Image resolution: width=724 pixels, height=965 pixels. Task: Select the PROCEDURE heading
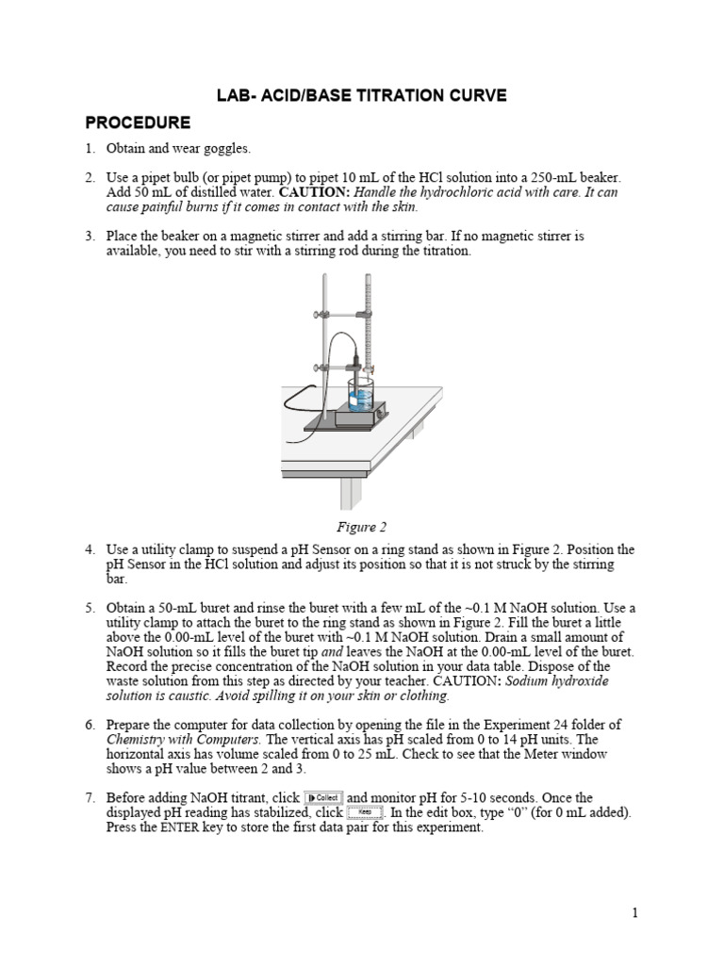138,123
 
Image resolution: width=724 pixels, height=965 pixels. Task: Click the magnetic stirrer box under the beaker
357,414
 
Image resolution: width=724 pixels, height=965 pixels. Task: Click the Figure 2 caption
362,527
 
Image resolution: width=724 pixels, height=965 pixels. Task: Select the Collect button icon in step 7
323,798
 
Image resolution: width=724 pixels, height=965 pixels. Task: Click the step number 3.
90,236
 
